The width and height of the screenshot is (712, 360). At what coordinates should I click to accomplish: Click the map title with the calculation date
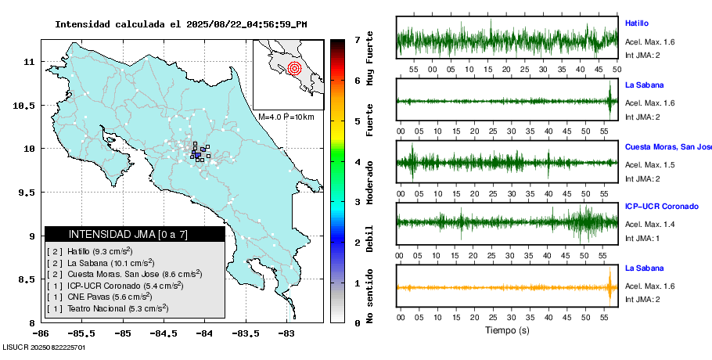[181, 24]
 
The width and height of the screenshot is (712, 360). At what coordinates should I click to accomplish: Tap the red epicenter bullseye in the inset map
[294, 68]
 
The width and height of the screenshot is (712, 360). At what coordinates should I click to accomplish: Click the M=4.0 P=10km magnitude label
[286, 117]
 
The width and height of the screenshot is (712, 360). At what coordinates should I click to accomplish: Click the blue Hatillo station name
[637, 23]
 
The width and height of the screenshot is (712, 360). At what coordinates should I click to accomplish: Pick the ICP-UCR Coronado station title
[660, 207]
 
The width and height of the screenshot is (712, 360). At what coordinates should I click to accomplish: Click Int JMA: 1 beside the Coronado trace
[642, 238]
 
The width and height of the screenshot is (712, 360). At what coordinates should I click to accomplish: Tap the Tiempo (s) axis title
[507, 330]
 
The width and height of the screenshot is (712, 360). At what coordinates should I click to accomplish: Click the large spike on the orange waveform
[610, 286]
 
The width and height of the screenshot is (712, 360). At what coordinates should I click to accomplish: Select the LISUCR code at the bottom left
[44, 346]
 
